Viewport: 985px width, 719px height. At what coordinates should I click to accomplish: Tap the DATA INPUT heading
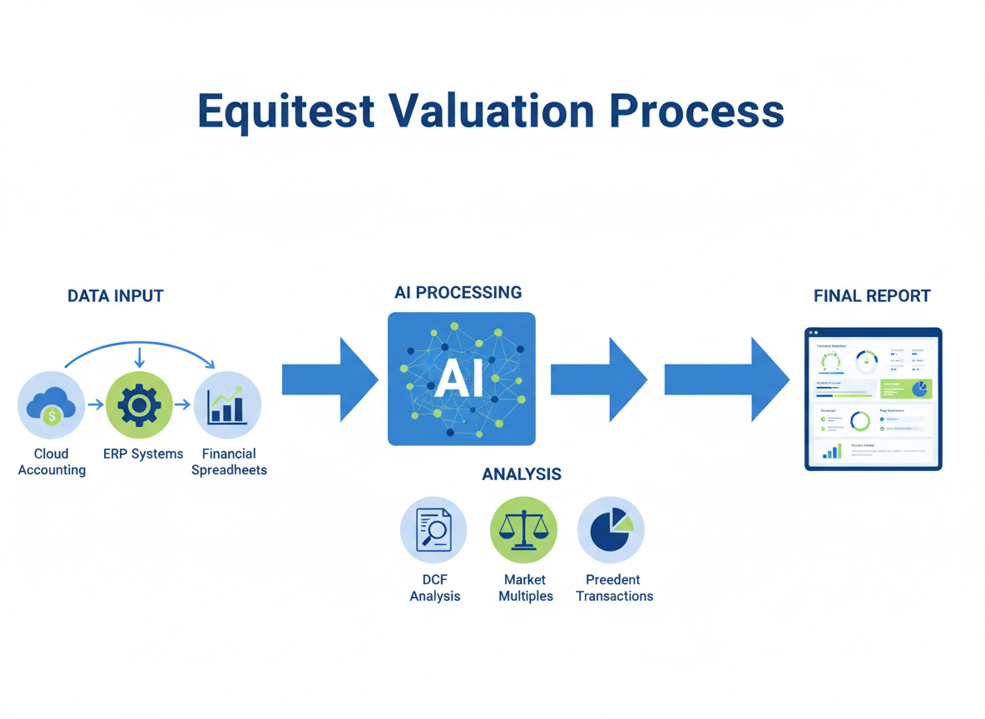coord(116,296)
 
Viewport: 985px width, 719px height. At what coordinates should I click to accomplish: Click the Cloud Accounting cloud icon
coord(52,405)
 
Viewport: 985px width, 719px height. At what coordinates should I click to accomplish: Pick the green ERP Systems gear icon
coord(139,405)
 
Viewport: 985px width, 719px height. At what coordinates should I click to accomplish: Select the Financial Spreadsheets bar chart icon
coord(227,405)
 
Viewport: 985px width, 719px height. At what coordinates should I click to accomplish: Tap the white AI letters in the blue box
coord(459,379)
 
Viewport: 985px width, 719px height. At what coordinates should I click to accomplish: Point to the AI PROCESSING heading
coord(458,293)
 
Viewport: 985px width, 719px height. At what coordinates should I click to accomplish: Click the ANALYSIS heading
coord(522,474)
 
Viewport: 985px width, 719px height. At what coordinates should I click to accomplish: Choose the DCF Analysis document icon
coord(433,530)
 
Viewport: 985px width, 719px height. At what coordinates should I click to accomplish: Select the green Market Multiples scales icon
coord(523,530)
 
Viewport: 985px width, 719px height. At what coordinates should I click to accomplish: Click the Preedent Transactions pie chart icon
coord(611,530)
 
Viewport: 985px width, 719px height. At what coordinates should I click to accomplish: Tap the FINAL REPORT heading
coord(872,296)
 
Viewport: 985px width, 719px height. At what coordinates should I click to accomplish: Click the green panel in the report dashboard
coord(906,389)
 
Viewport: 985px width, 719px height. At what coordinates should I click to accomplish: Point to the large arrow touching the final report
coord(726,379)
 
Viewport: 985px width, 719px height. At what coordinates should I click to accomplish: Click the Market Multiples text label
coord(526,588)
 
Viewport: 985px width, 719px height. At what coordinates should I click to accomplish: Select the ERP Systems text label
coord(143,454)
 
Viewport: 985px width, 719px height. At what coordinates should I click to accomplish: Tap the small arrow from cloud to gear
coord(96,405)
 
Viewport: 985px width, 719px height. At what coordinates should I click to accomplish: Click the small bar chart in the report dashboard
coord(832,451)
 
